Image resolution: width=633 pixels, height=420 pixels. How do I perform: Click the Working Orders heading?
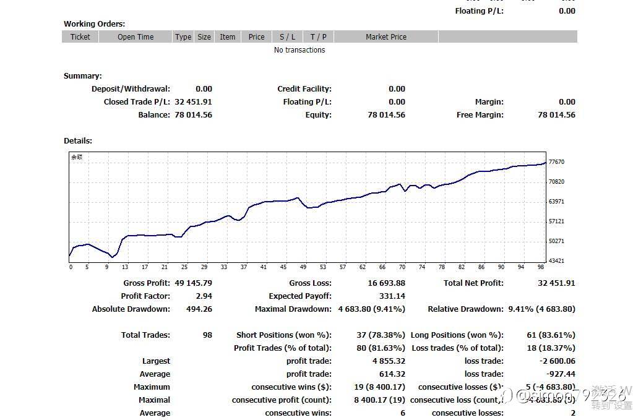click(x=94, y=24)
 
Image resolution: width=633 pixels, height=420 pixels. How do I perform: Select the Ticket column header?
click(x=80, y=37)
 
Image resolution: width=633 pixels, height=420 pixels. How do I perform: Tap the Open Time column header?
click(x=136, y=37)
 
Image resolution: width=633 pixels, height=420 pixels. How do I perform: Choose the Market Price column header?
click(x=385, y=37)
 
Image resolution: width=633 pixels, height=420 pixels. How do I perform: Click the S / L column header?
click(x=287, y=37)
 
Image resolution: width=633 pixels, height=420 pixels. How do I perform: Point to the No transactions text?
click(x=299, y=50)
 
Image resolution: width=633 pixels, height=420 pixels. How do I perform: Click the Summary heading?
click(x=82, y=76)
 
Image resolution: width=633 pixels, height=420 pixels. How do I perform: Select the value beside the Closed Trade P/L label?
click(x=193, y=102)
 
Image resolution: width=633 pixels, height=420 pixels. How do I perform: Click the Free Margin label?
click(x=480, y=115)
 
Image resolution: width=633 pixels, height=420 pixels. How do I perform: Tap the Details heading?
click(x=78, y=141)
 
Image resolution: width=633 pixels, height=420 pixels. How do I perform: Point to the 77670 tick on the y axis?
click(x=556, y=162)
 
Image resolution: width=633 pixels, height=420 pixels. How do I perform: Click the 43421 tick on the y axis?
click(x=556, y=261)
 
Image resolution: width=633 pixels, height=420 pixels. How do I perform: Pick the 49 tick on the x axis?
click(x=303, y=267)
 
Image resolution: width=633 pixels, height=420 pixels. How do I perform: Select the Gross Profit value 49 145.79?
click(x=193, y=283)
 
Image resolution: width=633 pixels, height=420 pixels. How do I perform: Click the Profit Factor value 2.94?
click(x=203, y=296)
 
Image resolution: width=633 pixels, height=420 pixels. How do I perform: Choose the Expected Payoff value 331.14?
click(x=392, y=296)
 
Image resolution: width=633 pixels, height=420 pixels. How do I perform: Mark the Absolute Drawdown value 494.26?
click(x=199, y=309)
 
